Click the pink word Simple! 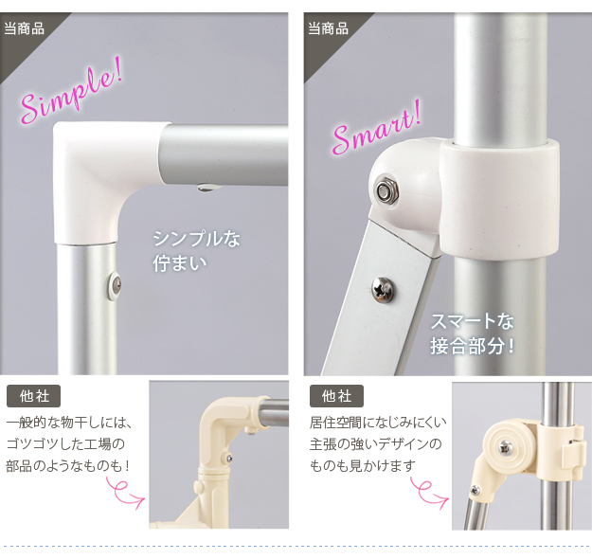tap(72, 91)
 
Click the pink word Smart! tap(376, 129)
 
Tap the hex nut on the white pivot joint tap(386, 190)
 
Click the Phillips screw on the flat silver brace tap(383, 290)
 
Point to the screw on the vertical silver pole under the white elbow tap(115, 285)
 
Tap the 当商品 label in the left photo tap(25, 28)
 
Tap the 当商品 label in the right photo tap(328, 28)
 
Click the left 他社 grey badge tap(33, 396)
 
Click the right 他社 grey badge tap(336, 396)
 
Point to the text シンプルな tap(196, 239)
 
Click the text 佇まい tap(180, 262)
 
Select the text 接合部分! tap(473, 345)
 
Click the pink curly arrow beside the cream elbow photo tap(125, 493)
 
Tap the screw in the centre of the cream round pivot tap(505, 448)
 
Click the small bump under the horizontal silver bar tap(205, 188)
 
